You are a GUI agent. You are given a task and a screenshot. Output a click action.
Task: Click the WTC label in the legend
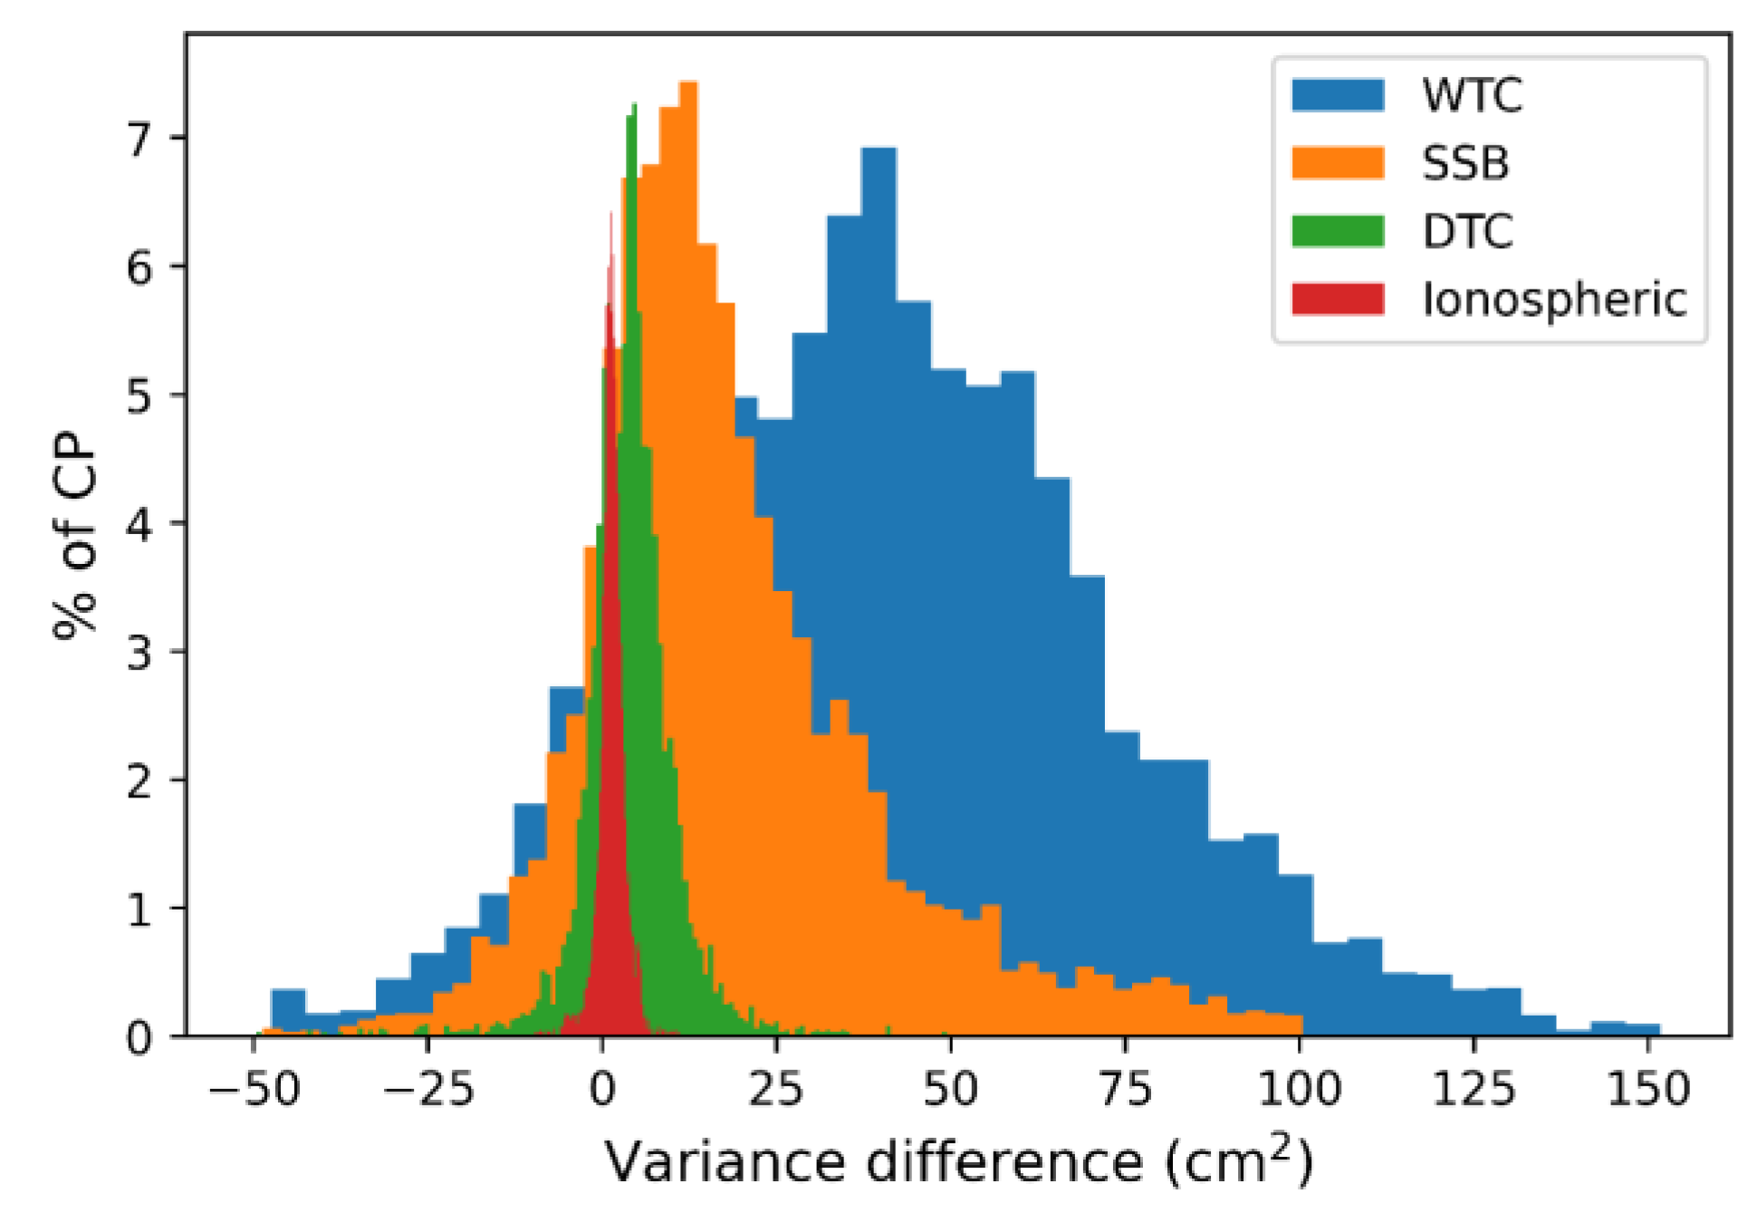[1471, 95]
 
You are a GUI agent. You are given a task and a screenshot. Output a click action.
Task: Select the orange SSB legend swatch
[1338, 163]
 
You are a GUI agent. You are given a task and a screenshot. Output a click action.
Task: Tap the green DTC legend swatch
[1338, 231]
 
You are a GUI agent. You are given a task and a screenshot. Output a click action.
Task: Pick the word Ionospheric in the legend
[1554, 299]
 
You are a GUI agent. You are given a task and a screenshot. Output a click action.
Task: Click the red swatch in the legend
[1338, 299]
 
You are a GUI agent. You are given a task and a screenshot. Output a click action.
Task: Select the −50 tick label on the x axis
[254, 1089]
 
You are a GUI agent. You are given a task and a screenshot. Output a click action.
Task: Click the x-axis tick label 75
[1125, 1089]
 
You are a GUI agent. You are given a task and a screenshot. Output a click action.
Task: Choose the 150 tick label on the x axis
[1647, 1089]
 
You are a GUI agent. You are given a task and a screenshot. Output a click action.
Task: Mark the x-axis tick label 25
[776, 1089]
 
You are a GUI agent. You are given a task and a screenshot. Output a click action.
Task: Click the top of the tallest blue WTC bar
[878, 150]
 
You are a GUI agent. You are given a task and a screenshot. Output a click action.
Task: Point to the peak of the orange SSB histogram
[687, 85]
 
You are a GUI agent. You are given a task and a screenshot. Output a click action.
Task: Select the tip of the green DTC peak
[633, 107]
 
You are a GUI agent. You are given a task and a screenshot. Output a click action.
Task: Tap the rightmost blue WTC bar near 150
[1642, 1029]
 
